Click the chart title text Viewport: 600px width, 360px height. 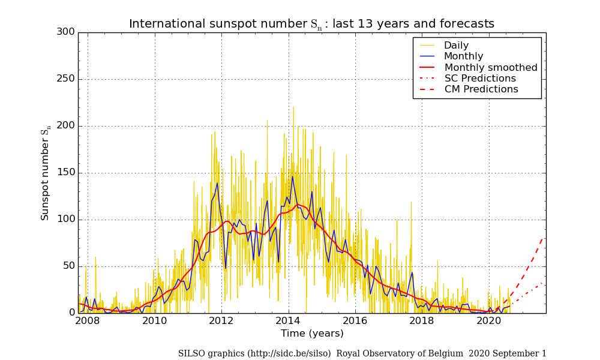click(311, 24)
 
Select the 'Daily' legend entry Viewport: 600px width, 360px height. click(456, 46)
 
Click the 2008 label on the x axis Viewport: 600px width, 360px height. click(88, 321)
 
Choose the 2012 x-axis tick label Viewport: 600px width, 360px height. click(221, 321)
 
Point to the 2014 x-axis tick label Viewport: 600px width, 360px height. click(288, 321)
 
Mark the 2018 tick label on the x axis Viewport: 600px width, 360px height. click(422, 321)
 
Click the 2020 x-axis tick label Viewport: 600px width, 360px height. click(489, 321)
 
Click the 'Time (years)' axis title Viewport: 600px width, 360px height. click(312, 334)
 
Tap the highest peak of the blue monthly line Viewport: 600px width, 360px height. click(293, 176)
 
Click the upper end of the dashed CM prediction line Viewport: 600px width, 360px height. click(543, 238)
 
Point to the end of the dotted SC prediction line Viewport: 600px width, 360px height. click(543, 283)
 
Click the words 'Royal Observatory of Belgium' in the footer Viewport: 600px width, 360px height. click(400, 353)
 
